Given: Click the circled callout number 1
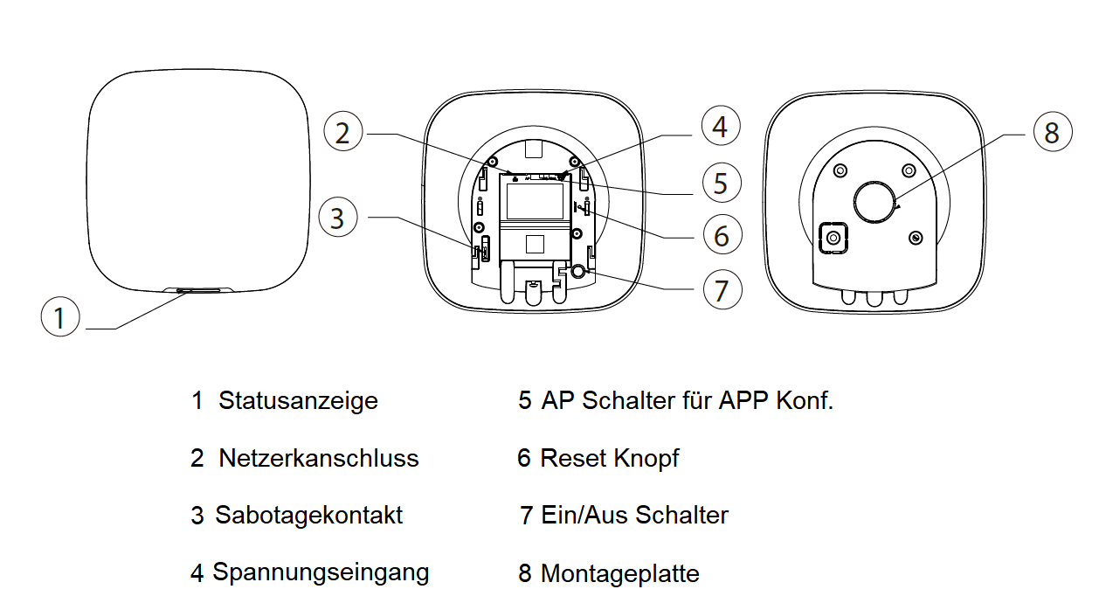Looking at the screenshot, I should tap(59, 317).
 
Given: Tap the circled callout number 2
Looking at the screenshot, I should tap(343, 133).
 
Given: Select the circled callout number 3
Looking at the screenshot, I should tap(338, 217).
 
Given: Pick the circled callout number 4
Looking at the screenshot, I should tap(719, 127).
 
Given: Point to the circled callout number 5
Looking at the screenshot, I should tap(720, 183).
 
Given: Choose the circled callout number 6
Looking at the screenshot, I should tap(721, 236).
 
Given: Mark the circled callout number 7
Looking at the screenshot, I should tap(722, 289).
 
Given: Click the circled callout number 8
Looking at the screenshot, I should tap(1051, 133).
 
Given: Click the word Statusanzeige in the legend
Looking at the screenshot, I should tap(298, 401).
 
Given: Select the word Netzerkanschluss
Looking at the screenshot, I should tap(318, 458).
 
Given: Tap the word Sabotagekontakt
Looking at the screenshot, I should tap(309, 516).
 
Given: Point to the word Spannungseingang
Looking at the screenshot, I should tap(321, 573).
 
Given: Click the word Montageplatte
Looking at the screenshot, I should tap(619, 574).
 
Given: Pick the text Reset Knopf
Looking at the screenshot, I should tap(609, 458).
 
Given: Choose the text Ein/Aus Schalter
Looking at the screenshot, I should tap(633, 516).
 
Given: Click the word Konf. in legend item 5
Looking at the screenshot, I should tap(805, 401).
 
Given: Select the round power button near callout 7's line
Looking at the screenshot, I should tap(578, 272).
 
